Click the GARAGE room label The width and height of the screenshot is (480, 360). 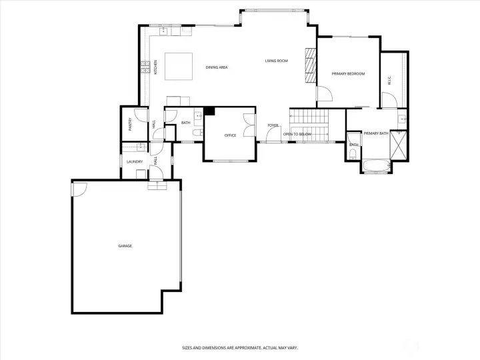coord(125,246)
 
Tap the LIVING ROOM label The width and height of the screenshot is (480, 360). coord(276,61)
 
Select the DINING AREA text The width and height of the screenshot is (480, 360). coord(217,67)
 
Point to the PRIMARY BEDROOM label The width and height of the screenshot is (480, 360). coord(348,73)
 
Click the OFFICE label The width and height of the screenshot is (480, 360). coord(230,135)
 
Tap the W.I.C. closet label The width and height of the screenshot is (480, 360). coord(389,79)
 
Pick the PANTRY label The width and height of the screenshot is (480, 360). coord(131,124)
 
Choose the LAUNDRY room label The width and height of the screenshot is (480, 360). coord(134,161)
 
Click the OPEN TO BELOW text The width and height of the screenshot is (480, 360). coord(297,135)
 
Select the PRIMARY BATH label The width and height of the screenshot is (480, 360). coord(376,133)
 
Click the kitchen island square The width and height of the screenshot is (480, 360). coord(176,65)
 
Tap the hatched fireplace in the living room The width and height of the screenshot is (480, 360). coord(309,65)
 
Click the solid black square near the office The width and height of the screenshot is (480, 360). coord(209,111)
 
